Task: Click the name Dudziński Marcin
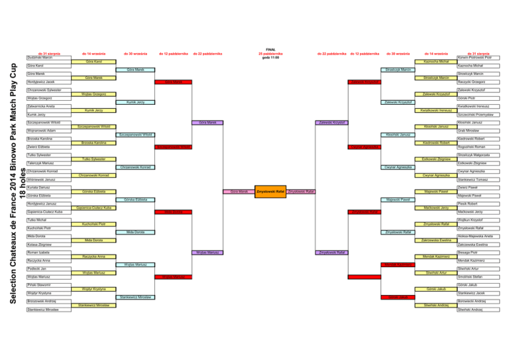tap(36, 58)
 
